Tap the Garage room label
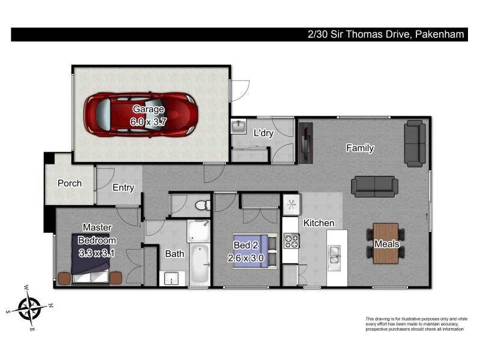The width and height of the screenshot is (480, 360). pyautogui.click(x=148, y=109)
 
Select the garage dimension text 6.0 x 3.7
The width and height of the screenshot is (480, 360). pyautogui.click(x=148, y=121)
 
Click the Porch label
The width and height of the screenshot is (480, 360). pyautogui.click(x=70, y=183)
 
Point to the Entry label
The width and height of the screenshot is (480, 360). pyautogui.click(x=124, y=188)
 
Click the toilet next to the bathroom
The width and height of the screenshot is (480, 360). pyautogui.click(x=202, y=205)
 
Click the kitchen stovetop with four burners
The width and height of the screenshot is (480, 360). pyautogui.click(x=291, y=241)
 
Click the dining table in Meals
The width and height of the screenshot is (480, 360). pyautogui.click(x=385, y=243)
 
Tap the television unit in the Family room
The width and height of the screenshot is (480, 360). pyautogui.click(x=306, y=142)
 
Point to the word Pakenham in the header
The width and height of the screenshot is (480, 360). pyautogui.click(x=439, y=35)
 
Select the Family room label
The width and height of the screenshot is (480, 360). pyautogui.click(x=359, y=148)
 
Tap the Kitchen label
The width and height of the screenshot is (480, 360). pyautogui.click(x=319, y=223)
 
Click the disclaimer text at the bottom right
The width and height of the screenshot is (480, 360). pyautogui.click(x=416, y=324)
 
